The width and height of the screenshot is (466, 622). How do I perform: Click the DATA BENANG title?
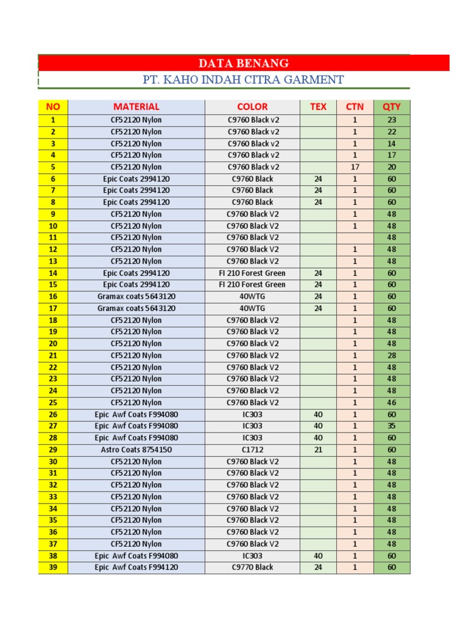243,63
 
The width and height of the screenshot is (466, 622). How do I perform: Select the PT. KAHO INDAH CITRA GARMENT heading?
243,80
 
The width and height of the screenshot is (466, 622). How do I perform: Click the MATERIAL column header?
137,106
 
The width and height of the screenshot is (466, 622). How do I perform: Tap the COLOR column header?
252,106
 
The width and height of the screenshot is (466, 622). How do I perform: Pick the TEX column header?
318,106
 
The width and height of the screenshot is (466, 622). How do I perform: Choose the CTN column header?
355,106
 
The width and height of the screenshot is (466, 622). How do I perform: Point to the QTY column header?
391,106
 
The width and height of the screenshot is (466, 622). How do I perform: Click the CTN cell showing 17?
355,167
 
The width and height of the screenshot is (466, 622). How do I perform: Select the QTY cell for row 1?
391,120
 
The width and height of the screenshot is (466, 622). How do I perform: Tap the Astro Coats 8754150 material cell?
137,449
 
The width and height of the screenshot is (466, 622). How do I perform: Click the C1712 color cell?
252,449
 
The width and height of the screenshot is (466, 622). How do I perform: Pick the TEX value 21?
318,449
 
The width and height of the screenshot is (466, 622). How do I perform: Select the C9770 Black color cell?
252,567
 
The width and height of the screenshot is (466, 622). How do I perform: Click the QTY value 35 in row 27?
391,426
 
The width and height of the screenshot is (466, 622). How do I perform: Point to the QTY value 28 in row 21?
391,355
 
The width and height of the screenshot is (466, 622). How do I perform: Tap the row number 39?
53,567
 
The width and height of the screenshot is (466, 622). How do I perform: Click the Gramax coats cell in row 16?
137,296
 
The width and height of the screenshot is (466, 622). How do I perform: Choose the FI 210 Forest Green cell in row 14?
252,273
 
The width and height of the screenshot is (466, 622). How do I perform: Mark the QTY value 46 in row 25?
391,402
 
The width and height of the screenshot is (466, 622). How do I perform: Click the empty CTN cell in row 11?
355,238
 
